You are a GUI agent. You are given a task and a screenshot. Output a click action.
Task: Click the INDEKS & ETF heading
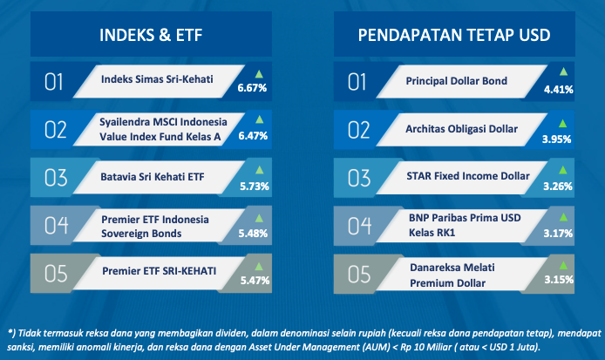pos(151,35)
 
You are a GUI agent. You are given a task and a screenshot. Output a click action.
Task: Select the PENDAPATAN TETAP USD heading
pos(454,35)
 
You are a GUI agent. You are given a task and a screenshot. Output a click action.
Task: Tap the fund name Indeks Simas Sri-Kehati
pos(157,79)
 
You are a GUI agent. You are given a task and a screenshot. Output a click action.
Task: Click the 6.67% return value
pos(252,88)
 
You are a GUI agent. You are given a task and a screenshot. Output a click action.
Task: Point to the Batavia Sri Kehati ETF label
pos(153,177)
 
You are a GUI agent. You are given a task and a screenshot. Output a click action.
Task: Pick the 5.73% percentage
pos(255,187)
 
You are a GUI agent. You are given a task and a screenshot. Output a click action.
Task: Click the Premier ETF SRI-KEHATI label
pos(159,271)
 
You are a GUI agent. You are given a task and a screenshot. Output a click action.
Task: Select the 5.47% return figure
pos(255,281)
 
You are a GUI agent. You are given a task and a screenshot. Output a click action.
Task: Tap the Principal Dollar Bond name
pos(457,81)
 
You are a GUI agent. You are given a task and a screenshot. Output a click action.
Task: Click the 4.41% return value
pos(558,90)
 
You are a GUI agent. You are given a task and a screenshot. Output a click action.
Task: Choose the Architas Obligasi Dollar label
pos(461,129)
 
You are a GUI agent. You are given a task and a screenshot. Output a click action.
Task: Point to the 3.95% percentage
pos(556,139)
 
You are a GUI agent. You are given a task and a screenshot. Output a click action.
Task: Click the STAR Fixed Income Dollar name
pos(468,176)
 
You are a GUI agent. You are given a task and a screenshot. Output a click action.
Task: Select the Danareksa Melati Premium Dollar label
pos(452,275)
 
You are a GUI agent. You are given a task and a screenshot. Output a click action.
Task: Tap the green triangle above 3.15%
pos(563,266)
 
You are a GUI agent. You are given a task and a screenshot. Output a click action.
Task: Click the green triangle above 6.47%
pos(259,119)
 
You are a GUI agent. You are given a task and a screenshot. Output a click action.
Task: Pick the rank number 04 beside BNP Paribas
pos(359,226)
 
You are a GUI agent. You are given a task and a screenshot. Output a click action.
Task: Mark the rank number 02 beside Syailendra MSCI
pos(56,130)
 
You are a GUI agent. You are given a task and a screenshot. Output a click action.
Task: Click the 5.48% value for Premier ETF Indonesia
pos(253,234)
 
